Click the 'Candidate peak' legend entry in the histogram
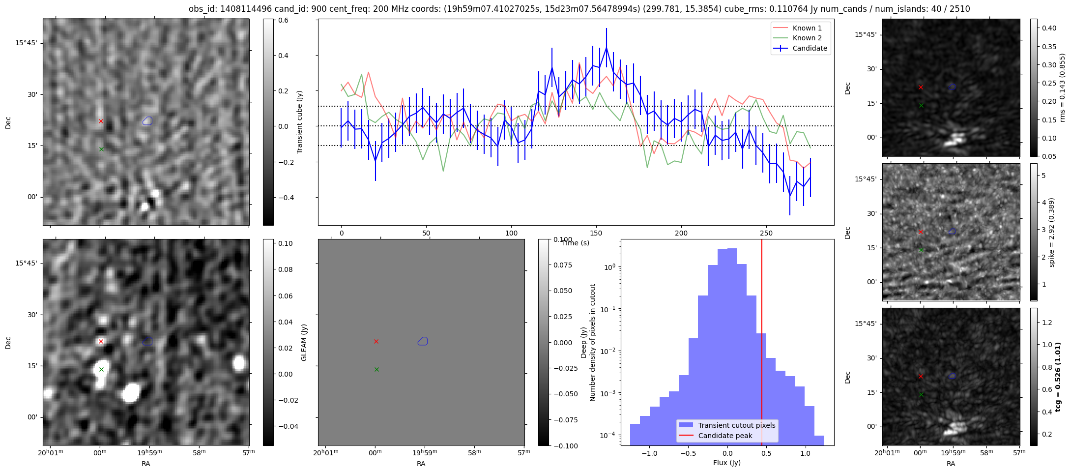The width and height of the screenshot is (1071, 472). (725, 436)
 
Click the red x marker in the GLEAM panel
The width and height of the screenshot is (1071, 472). (101, 341)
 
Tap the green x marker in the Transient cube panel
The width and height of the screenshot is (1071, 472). (101, 149)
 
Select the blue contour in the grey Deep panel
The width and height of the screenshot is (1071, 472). (423, 341)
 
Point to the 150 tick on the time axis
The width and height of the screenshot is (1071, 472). (596, 233)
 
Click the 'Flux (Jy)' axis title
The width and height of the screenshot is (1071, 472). (726, 463)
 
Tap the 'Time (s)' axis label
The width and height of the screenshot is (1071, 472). (575, 243)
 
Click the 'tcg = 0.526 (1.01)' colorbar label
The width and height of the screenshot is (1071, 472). (1058, 377)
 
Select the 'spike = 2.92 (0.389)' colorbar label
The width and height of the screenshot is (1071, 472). (1052, 232)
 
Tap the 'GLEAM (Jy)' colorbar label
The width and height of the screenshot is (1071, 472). (304, 342)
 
